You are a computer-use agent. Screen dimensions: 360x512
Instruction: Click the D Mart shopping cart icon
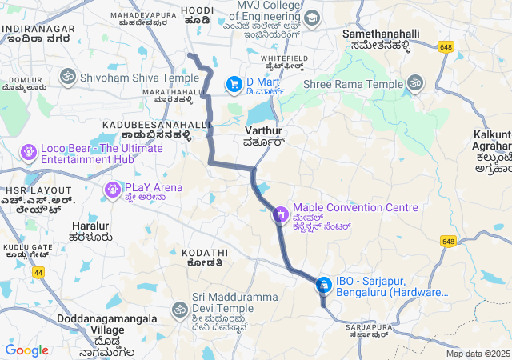(x=234, y=83)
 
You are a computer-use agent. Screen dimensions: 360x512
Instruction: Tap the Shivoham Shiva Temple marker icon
(x=67, y=76)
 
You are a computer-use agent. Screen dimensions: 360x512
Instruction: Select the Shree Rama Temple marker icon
(x=415, y=82)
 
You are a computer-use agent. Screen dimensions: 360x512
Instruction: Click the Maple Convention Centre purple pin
(x=280, y=214)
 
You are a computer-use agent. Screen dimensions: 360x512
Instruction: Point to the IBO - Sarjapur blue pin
(x=323, y=284)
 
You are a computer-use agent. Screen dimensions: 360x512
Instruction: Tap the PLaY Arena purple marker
(x=111, y=188)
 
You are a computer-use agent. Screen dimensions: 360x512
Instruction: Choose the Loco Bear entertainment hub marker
(x=28, y=150)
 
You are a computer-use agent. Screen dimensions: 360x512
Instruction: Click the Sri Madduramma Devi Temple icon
(x=179, y=309)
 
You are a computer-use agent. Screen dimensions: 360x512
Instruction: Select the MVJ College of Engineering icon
(x=311, y=18)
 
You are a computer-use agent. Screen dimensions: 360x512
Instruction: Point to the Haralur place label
(x=90, y=231)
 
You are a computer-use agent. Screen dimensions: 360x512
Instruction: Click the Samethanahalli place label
(x=376, y=40)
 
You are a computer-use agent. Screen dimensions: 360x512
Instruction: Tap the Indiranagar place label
(x=38, y=34)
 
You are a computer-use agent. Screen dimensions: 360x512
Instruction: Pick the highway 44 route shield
(x=38, y=273)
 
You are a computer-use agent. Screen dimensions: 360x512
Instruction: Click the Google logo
(x=26, y=350)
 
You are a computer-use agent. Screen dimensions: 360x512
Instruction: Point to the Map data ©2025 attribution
(x=478, y=354)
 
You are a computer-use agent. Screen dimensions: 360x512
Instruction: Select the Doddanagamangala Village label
(x=90, y=330)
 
